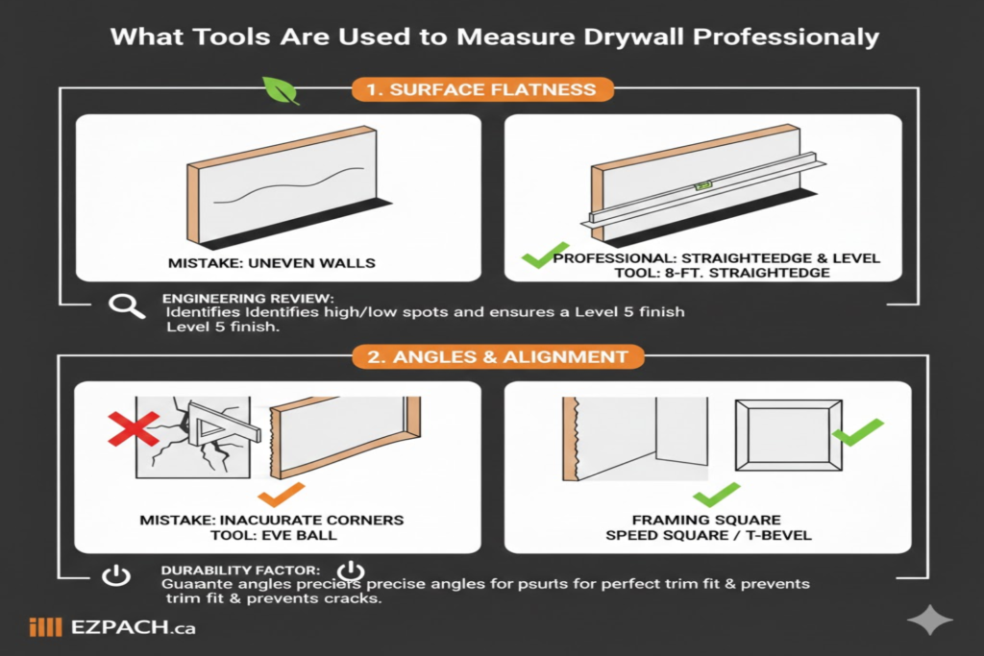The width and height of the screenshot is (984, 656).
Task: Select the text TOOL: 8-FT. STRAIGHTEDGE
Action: point(707,274)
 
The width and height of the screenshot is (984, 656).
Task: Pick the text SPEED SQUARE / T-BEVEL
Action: point(708,534)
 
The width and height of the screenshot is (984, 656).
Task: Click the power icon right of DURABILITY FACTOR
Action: point(352,570)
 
